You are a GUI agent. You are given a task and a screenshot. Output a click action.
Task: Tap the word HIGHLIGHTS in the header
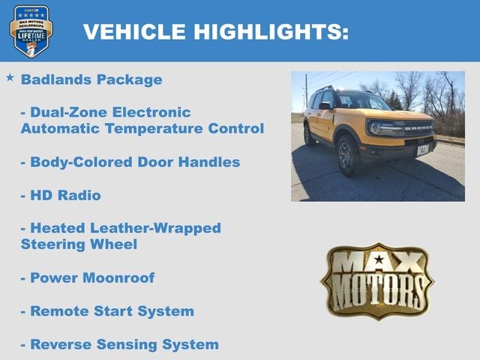271,31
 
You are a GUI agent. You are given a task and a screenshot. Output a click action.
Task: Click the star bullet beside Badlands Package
10,78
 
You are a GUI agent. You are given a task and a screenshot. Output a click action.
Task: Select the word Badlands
55,79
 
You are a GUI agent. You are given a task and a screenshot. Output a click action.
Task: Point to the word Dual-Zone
68,112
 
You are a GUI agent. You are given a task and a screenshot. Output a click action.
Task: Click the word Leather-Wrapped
158,228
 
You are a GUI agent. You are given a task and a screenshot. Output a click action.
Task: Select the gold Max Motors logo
377,280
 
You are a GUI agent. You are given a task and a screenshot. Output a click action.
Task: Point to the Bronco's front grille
418,130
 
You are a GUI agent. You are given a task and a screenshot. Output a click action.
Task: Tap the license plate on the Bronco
423,149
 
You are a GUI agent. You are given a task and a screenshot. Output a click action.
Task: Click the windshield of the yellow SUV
364,102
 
